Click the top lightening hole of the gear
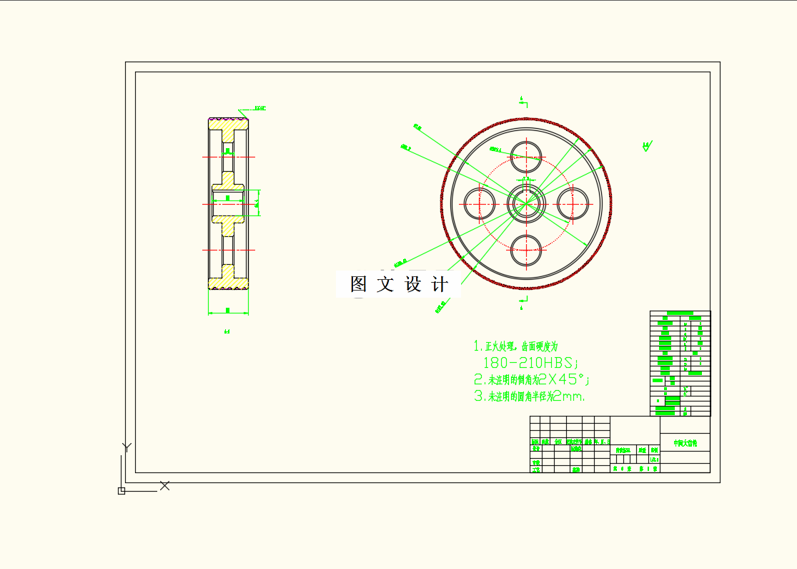[526, 156]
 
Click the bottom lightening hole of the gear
[526, 251]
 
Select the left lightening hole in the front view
[480, 203]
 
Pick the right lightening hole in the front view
[574, 203]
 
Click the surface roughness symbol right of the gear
[647, 147]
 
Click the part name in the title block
[685, 444]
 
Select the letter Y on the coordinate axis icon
[127, 447]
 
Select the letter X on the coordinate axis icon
[165, 485]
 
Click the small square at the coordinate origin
[122, 490]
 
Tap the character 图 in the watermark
[358, 284]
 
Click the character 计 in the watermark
[440, 284]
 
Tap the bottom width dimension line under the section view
[228, 313]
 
